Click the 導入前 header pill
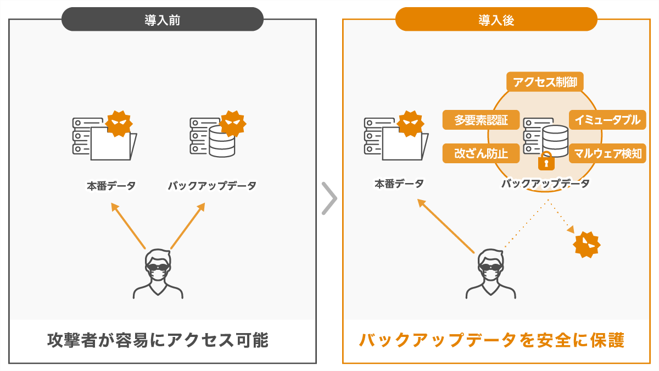(163, 20)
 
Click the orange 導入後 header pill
(496, 20)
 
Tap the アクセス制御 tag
(544, 82)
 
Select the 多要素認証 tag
(481, 120)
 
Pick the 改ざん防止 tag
(481, 153)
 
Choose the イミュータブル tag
(607, 120)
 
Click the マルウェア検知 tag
(607, 153)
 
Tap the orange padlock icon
(546, 162)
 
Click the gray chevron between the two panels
(329, 197)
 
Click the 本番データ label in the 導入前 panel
(111, 186)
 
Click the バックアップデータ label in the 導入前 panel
(212, 186)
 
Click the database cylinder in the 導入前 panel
(222, 141)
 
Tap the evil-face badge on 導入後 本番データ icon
(410, 124)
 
